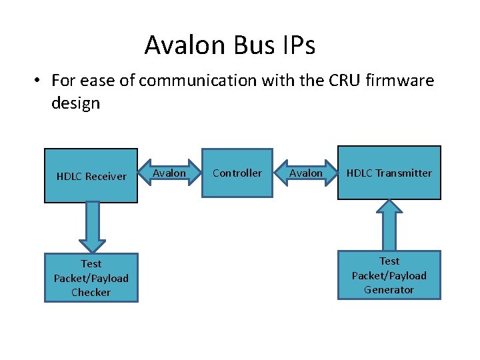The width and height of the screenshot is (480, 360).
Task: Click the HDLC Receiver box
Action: tap(91, 176)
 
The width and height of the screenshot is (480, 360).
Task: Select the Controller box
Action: tap(237, 173)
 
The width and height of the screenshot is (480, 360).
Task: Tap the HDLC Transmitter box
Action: tap(389, 173)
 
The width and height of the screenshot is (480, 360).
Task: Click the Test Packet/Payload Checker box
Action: tap(91, 278)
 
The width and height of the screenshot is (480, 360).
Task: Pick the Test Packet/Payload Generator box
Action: tap(389, 275)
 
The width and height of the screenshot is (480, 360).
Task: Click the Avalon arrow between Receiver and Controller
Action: tap(170, 173)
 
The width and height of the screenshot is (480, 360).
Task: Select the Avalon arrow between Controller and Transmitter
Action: tap(306, 173)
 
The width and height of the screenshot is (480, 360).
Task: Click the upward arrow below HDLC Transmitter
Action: tap(389, 224)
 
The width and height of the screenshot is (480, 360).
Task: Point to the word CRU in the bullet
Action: tap(340, 81)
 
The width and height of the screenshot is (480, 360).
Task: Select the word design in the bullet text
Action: tap(75, 103)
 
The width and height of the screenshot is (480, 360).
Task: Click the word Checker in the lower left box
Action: tap(91, 293)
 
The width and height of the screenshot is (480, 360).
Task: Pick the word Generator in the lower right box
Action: tap(389, 290)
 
